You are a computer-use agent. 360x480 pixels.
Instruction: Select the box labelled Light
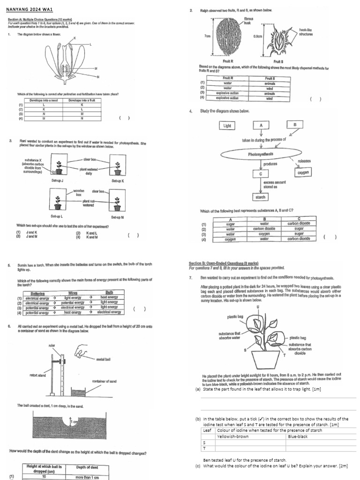[227, 125]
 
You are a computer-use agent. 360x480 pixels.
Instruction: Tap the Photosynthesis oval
[261, 154]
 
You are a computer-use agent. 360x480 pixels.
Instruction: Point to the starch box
[261, 197]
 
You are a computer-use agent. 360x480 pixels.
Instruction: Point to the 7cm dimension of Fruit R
[206, 36]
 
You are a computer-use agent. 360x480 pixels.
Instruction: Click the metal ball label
[103, 359]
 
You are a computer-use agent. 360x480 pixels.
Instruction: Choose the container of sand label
[104, 381]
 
